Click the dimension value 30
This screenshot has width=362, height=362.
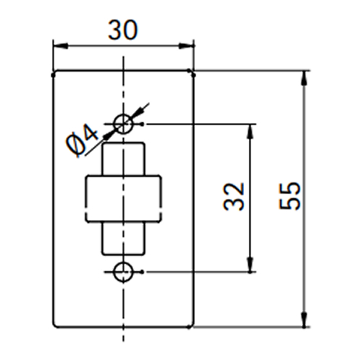(123, 30)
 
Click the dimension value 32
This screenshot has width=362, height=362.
(234, 197)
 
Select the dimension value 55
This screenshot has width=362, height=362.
(290, 195)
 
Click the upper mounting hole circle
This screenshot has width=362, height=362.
(123, 115)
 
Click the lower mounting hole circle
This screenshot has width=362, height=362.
(123, 264)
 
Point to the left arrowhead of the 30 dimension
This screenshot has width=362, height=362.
(60, 46)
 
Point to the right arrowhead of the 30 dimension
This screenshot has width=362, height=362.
(186, 46)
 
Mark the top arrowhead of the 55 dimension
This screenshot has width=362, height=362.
(305, 78)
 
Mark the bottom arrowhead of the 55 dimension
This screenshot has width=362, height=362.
(305, 320)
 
